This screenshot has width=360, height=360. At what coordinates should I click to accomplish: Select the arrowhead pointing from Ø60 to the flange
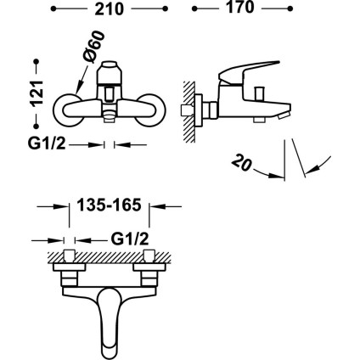pyautogui.click(x=77, y=91)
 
